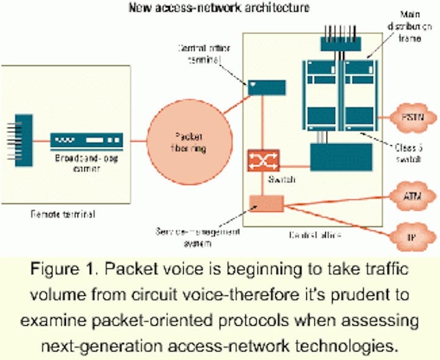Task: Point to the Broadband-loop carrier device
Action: [87, 142]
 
